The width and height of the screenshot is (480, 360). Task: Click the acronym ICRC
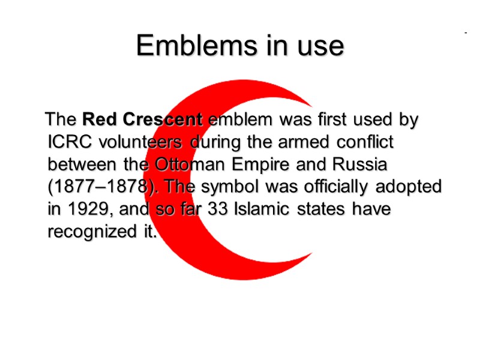[66, 142]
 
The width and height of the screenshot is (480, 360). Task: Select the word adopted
[410, 187]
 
